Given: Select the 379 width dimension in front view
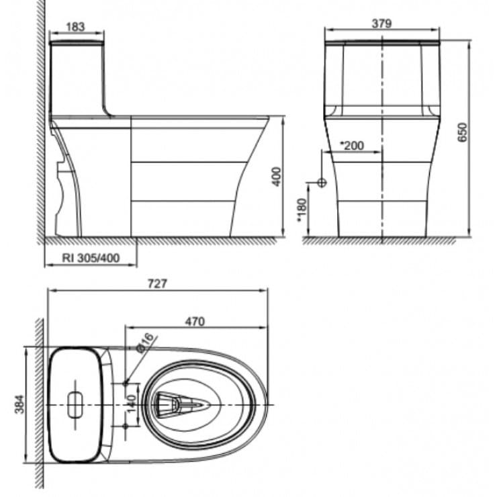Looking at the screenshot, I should (381, 23).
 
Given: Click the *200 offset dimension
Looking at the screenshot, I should (351, 145).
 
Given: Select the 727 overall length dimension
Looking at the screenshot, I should (156, 283).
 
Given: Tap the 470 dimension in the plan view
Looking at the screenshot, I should (195, 321).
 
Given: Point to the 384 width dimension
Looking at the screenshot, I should (19, 404).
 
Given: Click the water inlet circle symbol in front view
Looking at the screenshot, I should (322, 182).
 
